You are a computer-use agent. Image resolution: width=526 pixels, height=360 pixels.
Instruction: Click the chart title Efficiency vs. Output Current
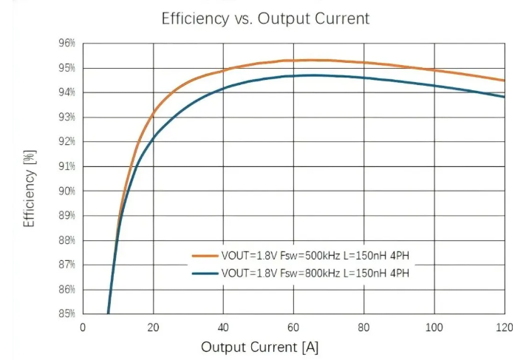(x=265, y=19)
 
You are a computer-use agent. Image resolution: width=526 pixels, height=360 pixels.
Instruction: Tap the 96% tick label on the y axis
(x=67, y=44)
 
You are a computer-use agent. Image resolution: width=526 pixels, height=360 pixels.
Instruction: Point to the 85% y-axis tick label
(x=67, y=313)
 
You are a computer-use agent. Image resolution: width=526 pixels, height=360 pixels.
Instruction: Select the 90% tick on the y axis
(x=67, y=191)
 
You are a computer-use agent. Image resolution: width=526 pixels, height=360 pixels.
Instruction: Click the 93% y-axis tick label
(x=67, y=117)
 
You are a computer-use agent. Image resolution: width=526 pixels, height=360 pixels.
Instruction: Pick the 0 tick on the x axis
(x=83, y=327)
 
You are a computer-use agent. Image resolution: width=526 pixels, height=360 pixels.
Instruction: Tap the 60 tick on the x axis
(x=293, y=327)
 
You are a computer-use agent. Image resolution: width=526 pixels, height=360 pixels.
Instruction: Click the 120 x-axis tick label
(x=505, y=327)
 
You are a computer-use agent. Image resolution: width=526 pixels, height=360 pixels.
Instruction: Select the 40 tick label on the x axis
(x=223, y=327)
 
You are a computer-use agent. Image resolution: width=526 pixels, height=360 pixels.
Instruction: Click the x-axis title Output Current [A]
(x=260, y=347)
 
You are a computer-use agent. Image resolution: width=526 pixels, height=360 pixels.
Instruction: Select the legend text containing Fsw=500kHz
(x=315, y=256)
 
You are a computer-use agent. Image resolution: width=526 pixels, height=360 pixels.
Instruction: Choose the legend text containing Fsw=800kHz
(x=315, y=274)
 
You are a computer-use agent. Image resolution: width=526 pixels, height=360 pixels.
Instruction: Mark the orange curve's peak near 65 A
(x=311, y=60)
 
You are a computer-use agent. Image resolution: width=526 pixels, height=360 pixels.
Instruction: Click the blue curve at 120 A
(x=504, y=97)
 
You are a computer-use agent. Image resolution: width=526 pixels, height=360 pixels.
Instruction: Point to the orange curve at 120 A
(x=504, y=81)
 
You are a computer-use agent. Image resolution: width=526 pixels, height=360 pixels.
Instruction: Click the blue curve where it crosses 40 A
(x=223, y=89)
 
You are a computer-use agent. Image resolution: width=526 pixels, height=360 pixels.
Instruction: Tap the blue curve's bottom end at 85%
(x=108, y=313)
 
